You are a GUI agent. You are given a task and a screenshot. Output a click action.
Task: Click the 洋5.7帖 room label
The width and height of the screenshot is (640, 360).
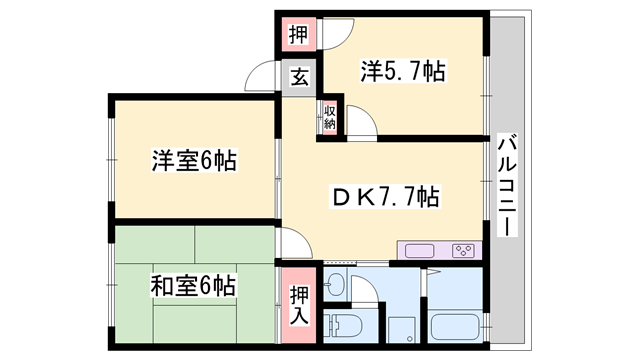click(402, 71)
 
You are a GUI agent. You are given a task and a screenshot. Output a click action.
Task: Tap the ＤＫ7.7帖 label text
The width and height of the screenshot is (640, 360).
click(385, 195)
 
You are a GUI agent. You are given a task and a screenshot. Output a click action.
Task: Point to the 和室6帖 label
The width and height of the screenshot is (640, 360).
click(193, 286)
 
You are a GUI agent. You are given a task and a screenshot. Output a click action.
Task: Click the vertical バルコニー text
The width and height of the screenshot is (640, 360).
click(506, 186)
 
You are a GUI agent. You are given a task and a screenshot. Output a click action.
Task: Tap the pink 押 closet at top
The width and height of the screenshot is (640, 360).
click(298, 35)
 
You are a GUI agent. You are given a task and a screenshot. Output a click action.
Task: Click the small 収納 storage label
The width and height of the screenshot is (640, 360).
click(329, 117)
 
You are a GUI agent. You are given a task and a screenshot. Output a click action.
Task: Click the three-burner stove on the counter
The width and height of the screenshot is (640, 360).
click(463, 250)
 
